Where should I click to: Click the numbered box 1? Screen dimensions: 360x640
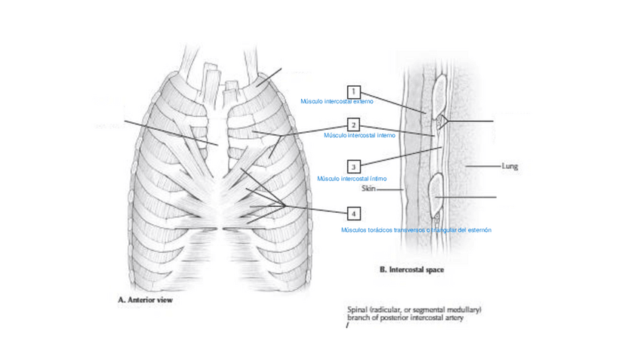pos(353,93)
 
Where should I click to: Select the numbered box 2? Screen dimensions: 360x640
pos(353,125)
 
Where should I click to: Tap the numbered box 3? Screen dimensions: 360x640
pos(353,166)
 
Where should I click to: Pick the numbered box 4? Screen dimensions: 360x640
pos(353,214)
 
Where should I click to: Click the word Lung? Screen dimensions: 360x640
pos(509,166)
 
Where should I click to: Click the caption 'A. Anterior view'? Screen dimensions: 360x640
pos(146,300)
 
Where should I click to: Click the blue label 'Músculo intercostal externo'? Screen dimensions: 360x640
pos(337,101)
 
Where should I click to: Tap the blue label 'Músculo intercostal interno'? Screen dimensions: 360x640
pos(359,135)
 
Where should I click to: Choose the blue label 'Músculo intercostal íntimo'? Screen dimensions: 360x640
pos(352,179)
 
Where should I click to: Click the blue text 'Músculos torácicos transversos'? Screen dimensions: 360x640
pos(383,230)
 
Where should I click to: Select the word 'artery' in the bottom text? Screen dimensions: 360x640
pos(452,318)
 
